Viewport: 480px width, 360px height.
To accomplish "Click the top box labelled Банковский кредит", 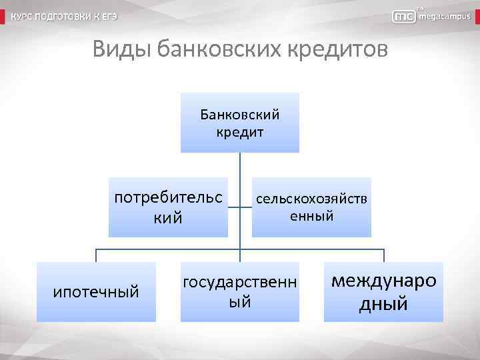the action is pos(240,123).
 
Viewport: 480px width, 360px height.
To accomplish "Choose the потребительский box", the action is pos(168,207).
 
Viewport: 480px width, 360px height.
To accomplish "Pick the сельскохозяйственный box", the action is pos(311,207).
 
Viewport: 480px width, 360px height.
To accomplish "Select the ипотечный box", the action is pos(96,292).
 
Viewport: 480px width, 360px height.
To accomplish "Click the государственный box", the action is pos(240,292).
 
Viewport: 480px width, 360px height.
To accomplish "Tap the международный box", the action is pos(383,292).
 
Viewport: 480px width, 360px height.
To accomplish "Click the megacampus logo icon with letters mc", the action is pos(405,17).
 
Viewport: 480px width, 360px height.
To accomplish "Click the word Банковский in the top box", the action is pos(240,115).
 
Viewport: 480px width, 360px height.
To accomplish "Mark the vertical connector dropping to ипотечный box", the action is pos(96,255).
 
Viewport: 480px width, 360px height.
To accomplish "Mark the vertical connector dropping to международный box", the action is pos(383,255).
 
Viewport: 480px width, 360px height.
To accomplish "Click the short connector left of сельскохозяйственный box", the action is pos(246,207).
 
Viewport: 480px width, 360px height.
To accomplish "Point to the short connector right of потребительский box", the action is pos(234,207).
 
